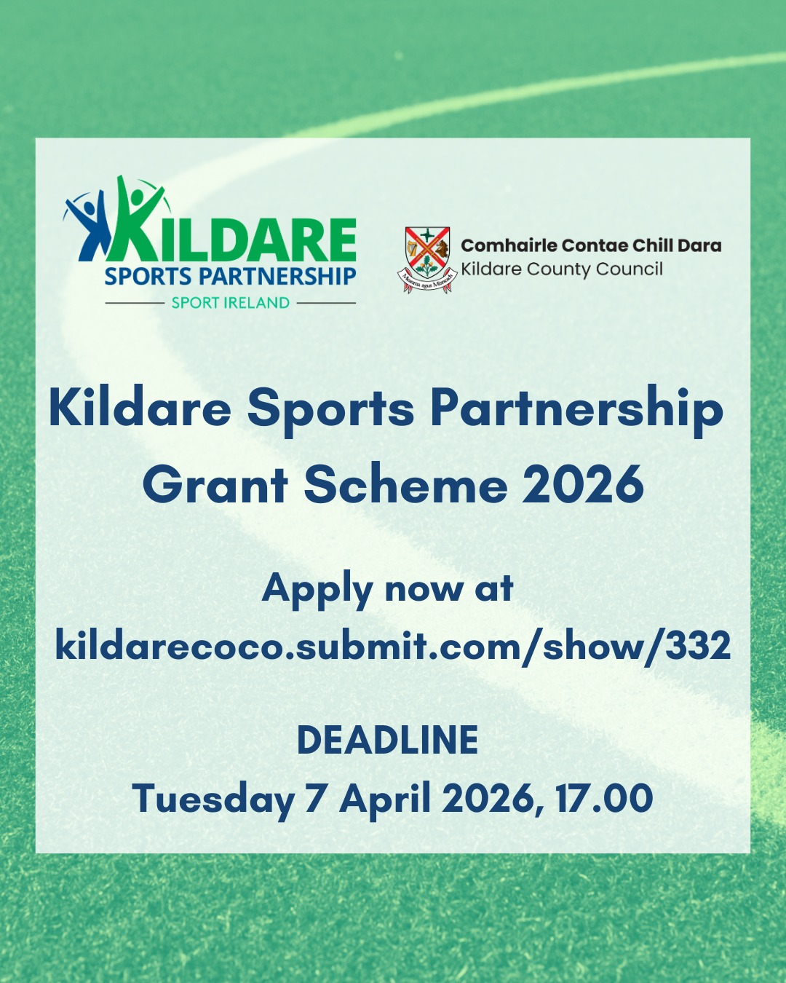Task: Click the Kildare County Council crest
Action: click(426, 259)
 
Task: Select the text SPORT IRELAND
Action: click(230, 303)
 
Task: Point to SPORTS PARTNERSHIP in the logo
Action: click(230, 277)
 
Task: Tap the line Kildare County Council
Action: click(562, 269)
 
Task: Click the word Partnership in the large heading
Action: click(577, 410)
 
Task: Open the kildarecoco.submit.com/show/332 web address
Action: click(393, 647)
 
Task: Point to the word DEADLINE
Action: click(387, 740)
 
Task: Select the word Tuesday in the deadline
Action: click(213, 799)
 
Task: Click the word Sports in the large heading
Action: click(330, 411)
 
